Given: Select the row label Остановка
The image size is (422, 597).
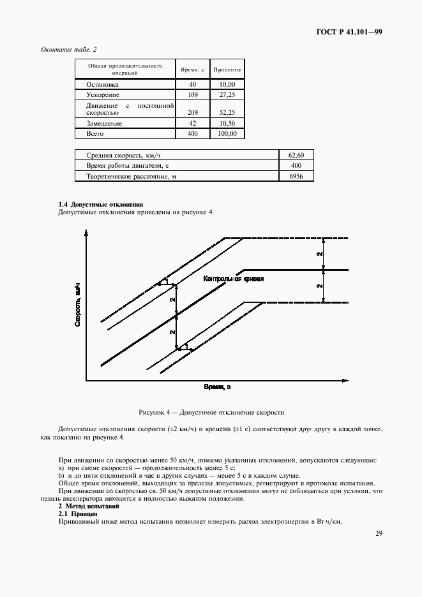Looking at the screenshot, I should coord(98,84).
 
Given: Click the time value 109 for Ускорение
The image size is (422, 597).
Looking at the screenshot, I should coord(192,94).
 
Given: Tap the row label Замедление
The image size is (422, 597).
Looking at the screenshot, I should coord(99,123).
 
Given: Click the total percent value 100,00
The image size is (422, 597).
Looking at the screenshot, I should coord(227,134).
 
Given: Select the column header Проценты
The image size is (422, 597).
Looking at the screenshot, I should coord(227,68).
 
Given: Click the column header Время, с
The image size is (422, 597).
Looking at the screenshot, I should coord(192,68).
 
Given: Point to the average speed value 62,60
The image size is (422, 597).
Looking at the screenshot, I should coord(296,155).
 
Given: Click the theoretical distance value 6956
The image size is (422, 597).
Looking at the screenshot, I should coord(296,176).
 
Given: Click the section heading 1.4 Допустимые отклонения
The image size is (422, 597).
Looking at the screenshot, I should coord(96,204).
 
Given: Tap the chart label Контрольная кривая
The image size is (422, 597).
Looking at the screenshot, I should coord(233,279).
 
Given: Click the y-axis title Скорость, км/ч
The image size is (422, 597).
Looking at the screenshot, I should coord(77,306).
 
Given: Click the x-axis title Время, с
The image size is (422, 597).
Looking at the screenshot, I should coord(216,387).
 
